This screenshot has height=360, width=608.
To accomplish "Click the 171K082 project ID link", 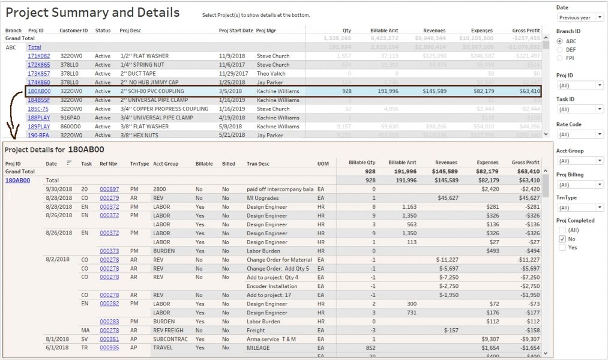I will tap(38, 56).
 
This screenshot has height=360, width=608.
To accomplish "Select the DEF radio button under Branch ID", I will tap(559, 50).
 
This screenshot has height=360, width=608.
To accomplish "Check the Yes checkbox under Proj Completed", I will tap(562, 247).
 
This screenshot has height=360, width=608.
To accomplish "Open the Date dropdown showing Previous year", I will tap(579, 17).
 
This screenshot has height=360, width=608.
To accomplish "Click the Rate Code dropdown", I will tap(579, 134).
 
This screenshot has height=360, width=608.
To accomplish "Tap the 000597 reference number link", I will tap(109, 189).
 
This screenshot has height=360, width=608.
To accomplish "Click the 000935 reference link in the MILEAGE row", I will tap(109, 348).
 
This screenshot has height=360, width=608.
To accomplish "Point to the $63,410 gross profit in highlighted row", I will tap(526, 91).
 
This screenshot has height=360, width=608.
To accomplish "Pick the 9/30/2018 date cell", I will tap(59, 189).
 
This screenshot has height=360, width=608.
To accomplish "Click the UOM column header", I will tap(322, 163).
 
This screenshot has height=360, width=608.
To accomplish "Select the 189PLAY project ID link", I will tap(38, 127).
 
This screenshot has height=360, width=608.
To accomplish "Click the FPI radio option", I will tap(559, 58).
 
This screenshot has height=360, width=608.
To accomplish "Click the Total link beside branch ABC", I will tap(34, 47).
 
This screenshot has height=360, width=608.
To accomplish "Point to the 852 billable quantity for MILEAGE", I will tap(370, 348).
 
